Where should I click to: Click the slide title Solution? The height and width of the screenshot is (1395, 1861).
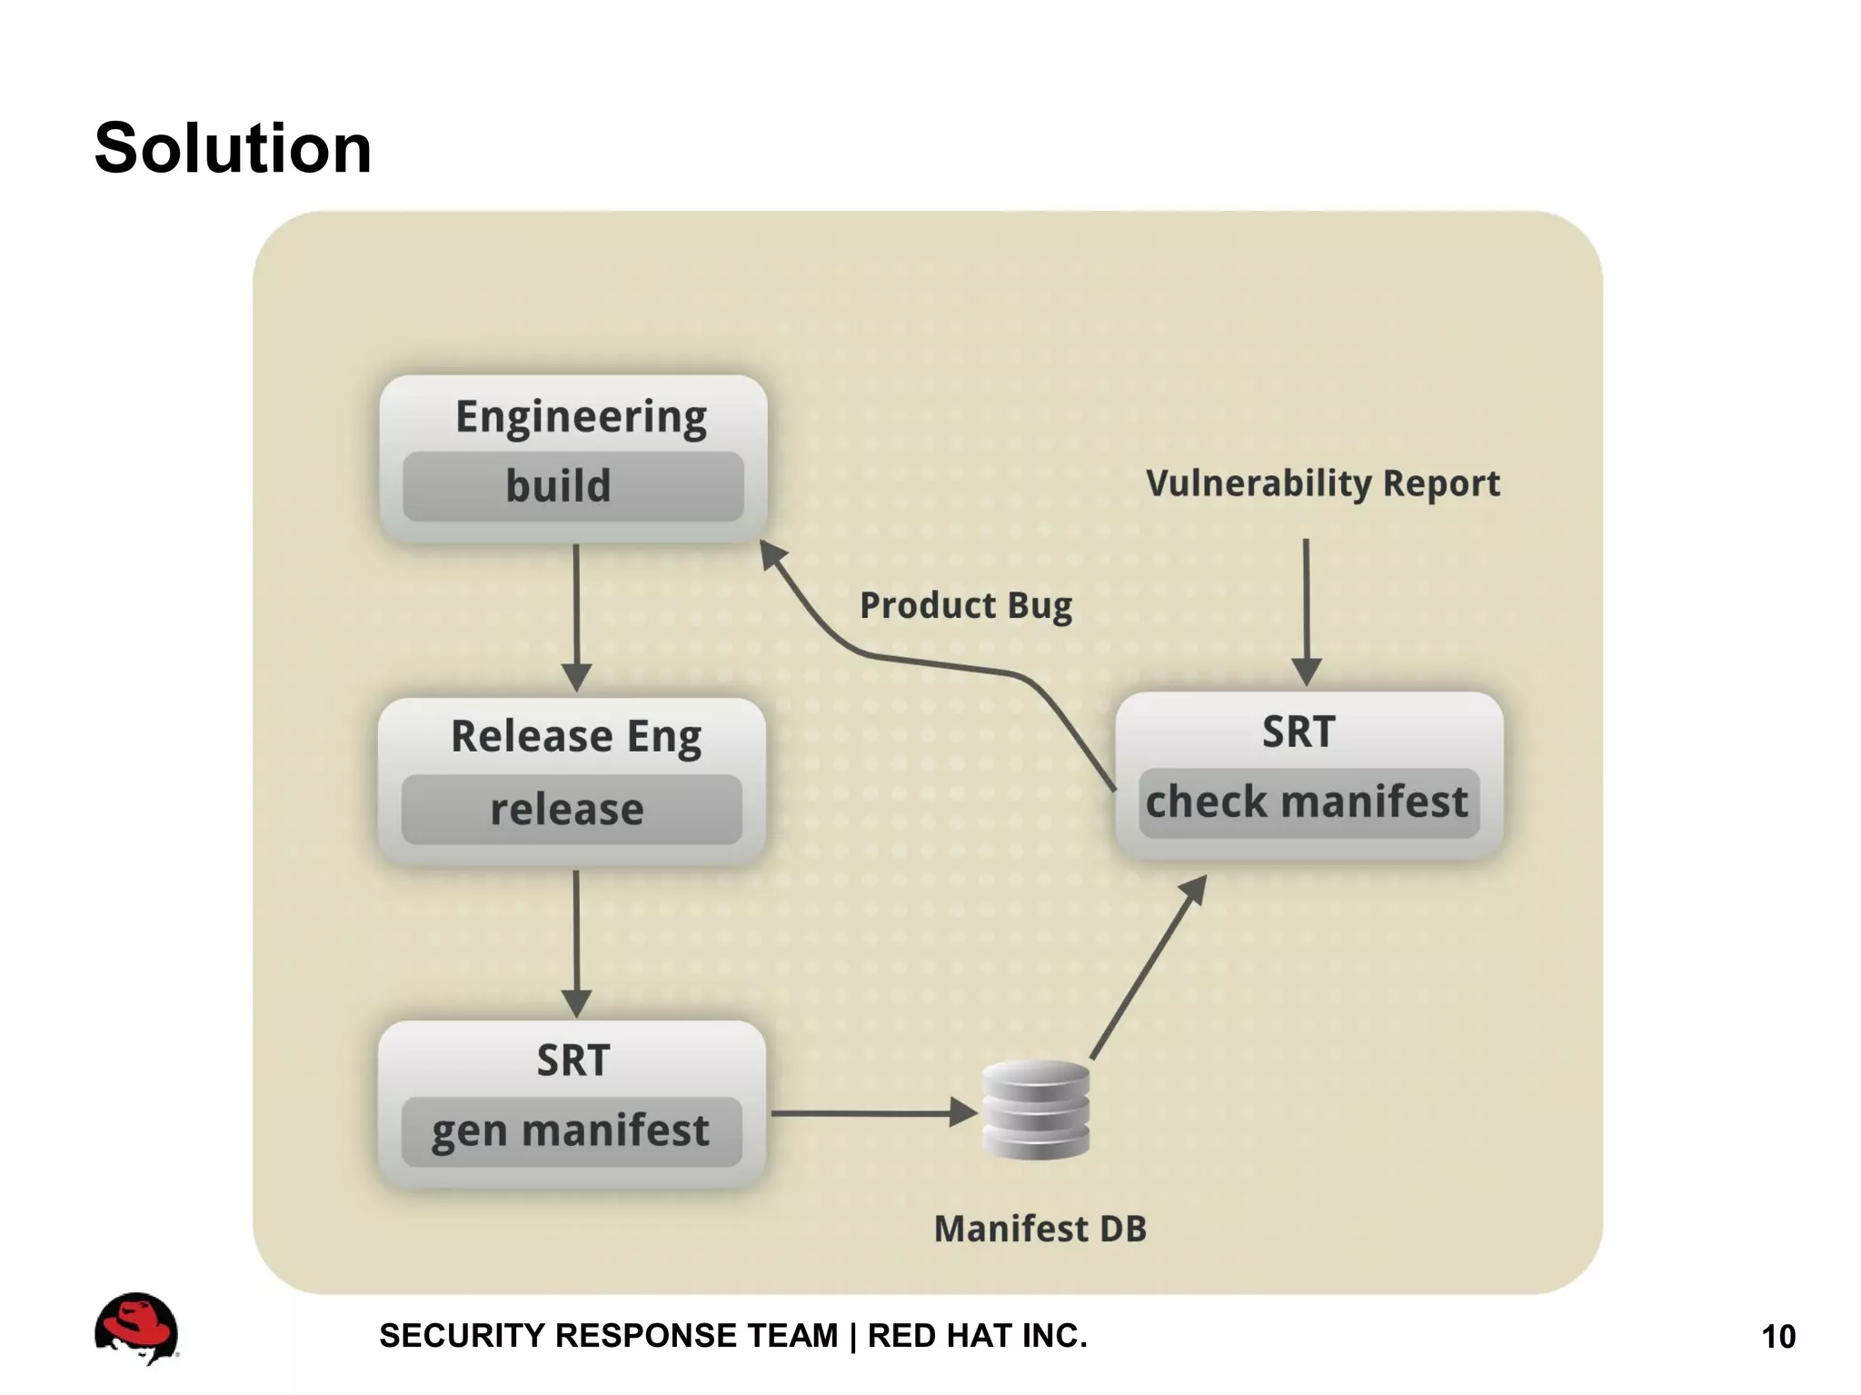point(233,148)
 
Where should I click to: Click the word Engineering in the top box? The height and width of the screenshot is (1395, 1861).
point(581,417)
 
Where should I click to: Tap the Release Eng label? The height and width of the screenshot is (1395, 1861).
point(576,736)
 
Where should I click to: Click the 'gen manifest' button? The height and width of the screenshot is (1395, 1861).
point(571,1131)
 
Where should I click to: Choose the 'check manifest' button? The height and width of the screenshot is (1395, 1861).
point(1308,802)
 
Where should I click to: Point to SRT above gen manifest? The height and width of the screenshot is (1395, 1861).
point(572,1061)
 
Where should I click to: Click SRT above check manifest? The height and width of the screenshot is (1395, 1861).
point(1299,732)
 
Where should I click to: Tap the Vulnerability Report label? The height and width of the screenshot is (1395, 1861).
point(1322,483)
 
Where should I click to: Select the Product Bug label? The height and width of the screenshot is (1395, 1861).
point(965,606)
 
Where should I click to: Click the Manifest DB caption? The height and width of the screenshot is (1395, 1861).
point(1040,1229)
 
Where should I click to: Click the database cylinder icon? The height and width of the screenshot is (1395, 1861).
point(1036,1110)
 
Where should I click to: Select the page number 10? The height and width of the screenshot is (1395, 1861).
point(1777,1337)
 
